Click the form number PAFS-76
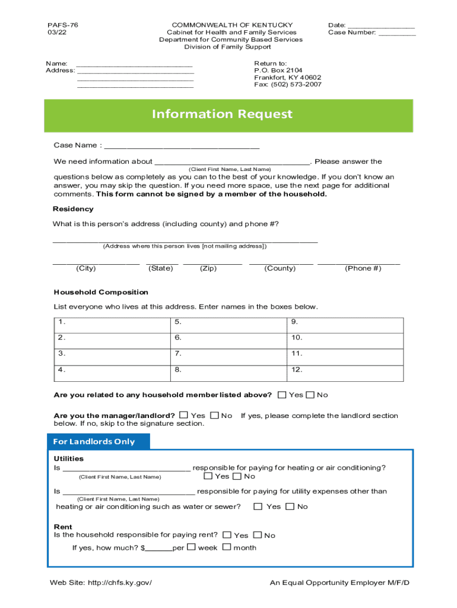(63, 25)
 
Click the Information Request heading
(222, 114)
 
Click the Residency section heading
(74, 209)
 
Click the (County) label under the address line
(280, 268)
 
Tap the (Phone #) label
(363, 268)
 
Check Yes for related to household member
(282, 395)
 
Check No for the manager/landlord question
(214, 416)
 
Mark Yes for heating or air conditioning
(208, 476)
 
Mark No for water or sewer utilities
(290, 506)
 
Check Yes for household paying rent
(227, 535)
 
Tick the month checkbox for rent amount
(226, 547)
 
